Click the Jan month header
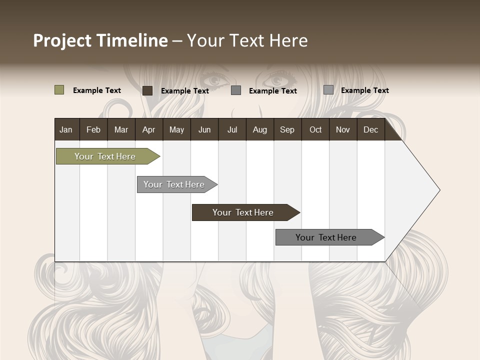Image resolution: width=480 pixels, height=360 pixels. coord(66,129)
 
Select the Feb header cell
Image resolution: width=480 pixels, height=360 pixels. coord(93,129)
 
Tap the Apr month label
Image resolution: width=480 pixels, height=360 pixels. coord(148,129)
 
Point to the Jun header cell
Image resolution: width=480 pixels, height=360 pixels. coord(204,129)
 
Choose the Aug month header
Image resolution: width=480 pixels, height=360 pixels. coord(259,129)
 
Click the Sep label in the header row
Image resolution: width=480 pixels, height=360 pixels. coord(287,129)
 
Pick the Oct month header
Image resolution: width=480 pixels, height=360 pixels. coord(315,129)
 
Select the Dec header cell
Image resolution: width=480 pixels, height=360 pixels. coord(370,129)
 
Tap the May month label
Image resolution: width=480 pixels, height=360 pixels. coord(176,129)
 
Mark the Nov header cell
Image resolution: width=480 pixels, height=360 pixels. coord(343,129)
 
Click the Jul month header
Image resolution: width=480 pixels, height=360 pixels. coord(232,129)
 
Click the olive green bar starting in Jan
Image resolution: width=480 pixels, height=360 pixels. coord(105,156)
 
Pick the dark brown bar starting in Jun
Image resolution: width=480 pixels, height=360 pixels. coord(243,212)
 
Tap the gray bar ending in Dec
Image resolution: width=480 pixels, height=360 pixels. coord(326,237)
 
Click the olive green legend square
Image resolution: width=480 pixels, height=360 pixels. coord(59,90)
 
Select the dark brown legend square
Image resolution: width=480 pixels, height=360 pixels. coord(147,90)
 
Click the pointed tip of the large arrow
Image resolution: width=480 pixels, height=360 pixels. coord(438,190)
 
